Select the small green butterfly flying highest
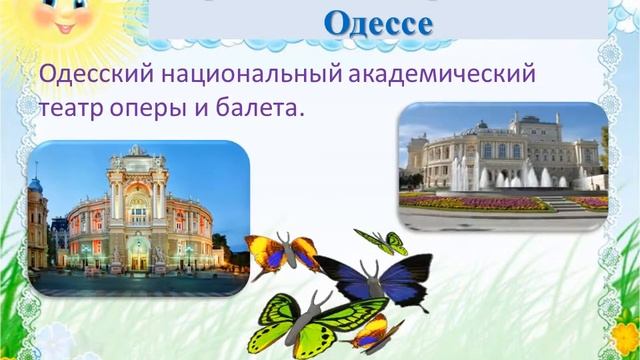coord(383,241)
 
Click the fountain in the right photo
coord(510,178)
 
